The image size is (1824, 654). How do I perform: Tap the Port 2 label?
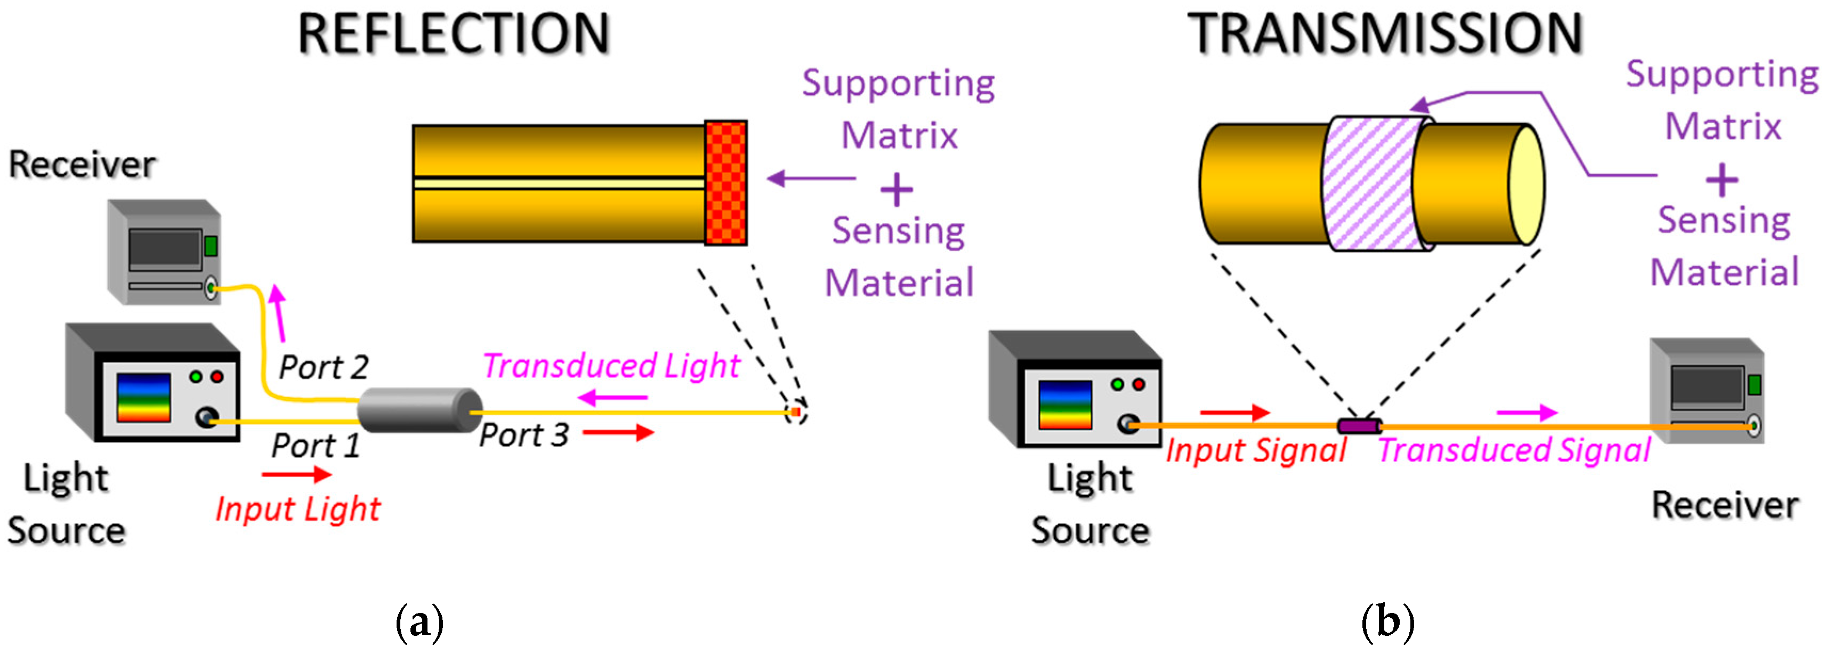click(x=324, y=367)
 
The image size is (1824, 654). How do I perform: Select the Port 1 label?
click(x=316, y=446)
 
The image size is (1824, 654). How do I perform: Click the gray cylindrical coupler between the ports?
click(x=419, y=410)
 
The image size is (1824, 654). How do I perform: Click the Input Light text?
click(x=298, y=509)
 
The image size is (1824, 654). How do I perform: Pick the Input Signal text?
click(x=1255, y=450)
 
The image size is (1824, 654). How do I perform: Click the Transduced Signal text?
click(x=1514, y=450)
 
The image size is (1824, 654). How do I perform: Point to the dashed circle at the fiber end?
click(x=796, y=413)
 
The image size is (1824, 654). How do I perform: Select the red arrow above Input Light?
click(x=296, y=474)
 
